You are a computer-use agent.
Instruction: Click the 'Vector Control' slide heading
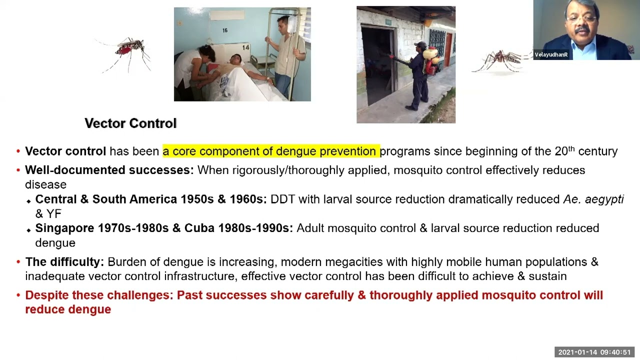coord(130,123)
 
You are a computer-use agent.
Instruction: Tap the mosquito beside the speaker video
coord(500,60)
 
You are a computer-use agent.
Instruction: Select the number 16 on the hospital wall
coord(225,30)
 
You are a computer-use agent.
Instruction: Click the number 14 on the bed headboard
coord(245,47)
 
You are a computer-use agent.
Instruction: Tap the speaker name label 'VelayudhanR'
coord(551,55)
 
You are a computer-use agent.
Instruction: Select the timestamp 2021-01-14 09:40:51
coord(594,352)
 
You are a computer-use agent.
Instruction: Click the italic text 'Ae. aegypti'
coord(593,199)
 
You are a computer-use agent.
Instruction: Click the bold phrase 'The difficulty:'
coord(64,261)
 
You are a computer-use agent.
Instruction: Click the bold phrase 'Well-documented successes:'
coord(109,170)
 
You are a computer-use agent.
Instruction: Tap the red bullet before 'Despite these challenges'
coord(18,295)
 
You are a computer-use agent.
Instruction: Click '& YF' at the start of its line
coord(48,214)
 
